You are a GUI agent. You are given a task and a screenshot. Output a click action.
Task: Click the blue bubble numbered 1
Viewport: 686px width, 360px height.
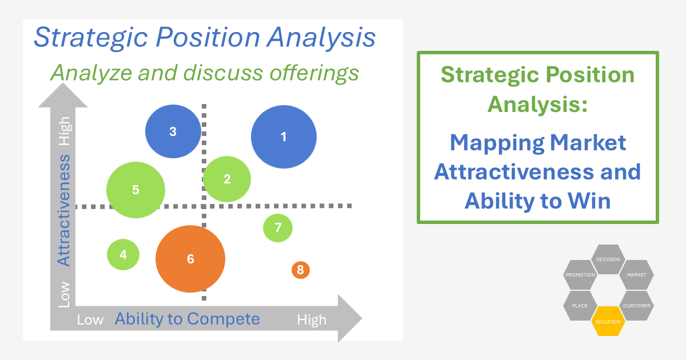(284, 137)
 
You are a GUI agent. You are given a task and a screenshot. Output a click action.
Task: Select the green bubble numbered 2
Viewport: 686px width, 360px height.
(227, 179)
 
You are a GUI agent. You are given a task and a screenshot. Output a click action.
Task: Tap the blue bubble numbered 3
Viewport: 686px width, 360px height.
(173, 131)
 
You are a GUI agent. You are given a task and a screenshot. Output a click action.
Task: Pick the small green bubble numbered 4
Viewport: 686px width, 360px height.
(123, 254)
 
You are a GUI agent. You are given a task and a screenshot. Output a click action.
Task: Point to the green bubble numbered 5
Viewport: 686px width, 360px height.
(135, 190)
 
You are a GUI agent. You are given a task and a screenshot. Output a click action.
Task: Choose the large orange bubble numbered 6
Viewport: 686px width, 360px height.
(190, 259)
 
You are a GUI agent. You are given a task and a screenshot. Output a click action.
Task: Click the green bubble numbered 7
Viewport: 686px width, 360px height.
(278, 227)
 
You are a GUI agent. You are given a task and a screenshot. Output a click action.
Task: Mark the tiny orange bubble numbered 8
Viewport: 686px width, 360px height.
(300, 269)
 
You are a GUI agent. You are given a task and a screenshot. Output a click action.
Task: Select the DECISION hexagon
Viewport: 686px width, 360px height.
(608, 259)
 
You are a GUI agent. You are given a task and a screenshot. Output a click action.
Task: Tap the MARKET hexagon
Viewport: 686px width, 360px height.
(636, 275)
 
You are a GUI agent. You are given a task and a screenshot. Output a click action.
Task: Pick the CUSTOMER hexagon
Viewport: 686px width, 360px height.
(636, 306)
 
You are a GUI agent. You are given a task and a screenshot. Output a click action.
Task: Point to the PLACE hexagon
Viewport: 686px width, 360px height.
(580, 306)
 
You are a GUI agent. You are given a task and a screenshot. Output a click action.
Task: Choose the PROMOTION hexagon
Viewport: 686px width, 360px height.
(580, 275)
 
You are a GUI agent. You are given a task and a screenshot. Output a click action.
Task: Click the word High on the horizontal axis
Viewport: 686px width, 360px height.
(312, 320)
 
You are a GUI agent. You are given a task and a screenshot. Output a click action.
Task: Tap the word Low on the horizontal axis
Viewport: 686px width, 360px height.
(90, 320)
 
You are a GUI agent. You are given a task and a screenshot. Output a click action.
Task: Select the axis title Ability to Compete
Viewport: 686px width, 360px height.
(188, 319)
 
